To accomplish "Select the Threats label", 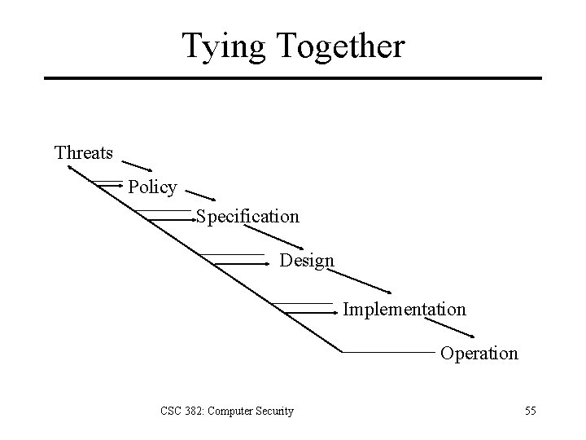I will tap(84, 152).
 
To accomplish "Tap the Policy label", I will tap(152, 187).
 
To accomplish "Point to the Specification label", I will tap(247, 217).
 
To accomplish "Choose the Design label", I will tap(307, 261).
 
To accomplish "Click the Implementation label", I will tap(405, 310).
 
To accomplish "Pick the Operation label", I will tap(479, 354).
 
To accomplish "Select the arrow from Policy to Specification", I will tap(200, 194).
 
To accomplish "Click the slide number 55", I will tap(530, 411).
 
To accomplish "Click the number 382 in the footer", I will tap(190, 411).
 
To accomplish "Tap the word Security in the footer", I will tap(274, 411).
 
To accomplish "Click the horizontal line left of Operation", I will tap(387, 352).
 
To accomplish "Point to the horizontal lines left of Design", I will tap(240, 260).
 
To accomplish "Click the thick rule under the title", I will tap(293, 78).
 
